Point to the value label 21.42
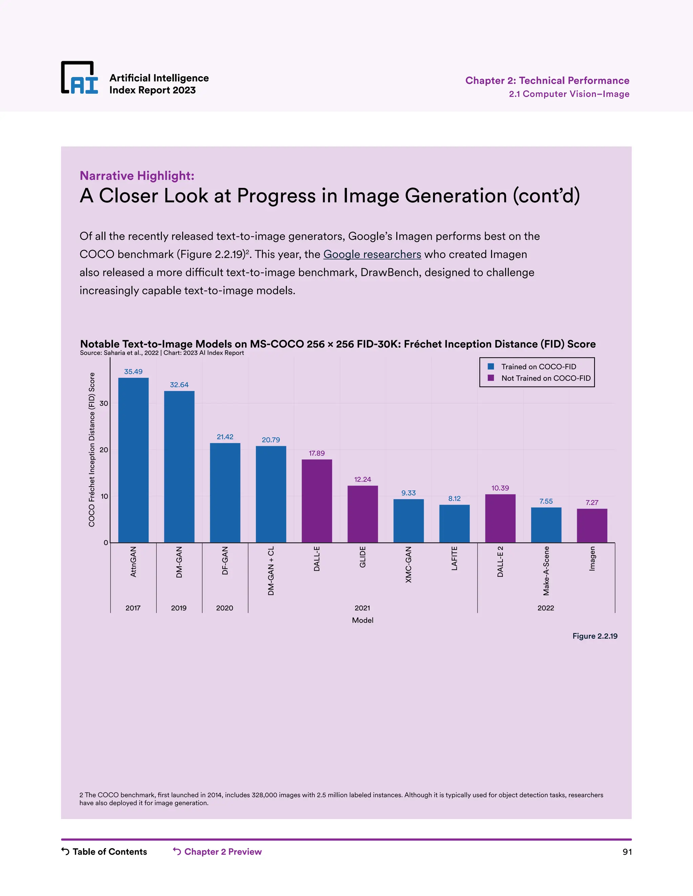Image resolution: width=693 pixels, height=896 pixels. (225, 437)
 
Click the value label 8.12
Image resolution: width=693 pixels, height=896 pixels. (454, 498)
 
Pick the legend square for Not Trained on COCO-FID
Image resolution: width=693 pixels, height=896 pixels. (491, 378)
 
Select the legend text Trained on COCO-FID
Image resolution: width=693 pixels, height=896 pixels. (538, 367)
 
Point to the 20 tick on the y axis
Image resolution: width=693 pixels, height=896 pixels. (104, 450)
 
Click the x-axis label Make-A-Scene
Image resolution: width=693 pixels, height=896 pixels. (546, 570)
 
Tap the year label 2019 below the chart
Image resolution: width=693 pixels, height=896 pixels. (179, 608)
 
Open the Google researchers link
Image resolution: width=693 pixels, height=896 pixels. (372, 254)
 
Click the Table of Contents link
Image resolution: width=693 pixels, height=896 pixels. (109, 852)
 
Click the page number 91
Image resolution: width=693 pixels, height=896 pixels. (627, 852)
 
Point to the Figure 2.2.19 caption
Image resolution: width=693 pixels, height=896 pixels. (595, 636)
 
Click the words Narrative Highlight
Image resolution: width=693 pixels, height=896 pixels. (137, 175)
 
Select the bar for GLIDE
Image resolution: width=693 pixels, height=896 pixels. (362, 514)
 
